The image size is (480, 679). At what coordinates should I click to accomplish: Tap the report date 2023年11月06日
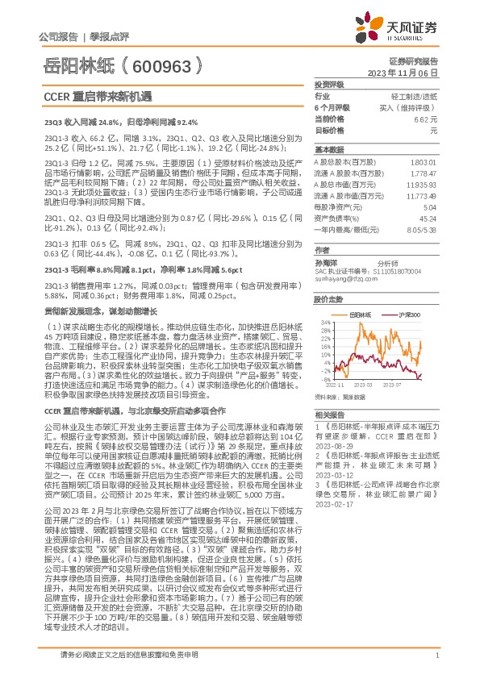[x=412, y=72]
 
